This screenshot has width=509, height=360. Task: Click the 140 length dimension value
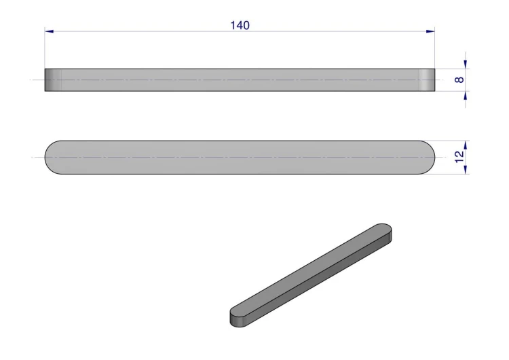pos(240,25)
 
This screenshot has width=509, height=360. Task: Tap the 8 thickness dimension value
pos(459,79)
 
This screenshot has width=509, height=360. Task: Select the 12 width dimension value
pos(459,158)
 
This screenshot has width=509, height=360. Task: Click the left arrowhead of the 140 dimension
pos(49,31)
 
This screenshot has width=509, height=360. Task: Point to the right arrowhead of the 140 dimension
pos(430,31)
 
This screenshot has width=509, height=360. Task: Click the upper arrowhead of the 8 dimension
pos(466,65)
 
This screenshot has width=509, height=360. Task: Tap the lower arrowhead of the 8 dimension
pos(466,96)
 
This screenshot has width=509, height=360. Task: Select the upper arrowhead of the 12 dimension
pos(466,145)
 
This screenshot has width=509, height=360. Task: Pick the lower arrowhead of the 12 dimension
pos(466,170)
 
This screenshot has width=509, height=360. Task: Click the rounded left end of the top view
pos(53,158)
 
